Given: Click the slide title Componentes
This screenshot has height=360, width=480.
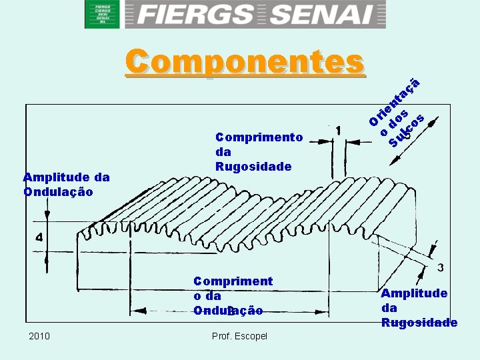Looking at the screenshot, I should pos(245,61).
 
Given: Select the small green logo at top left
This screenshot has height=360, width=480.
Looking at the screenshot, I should pos(102,14).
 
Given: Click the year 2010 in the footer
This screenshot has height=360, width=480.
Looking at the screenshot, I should pos(39,335).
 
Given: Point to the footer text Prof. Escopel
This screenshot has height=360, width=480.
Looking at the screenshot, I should pos(239,335).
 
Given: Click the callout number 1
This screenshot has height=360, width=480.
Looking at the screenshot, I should pos(340,131).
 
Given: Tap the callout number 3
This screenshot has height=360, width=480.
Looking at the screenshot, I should pos(440,267).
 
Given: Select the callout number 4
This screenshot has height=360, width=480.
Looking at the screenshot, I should pos(39,237).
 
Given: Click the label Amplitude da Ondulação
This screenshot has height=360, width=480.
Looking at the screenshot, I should pos(66,185).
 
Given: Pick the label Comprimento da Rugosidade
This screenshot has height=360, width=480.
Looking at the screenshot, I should pos(259,152).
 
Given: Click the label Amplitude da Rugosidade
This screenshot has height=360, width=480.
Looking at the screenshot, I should pos(419,308).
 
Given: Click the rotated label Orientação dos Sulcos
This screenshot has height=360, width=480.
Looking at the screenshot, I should pos(397,113).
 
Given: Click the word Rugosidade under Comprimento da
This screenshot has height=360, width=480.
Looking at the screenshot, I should pos(253,167).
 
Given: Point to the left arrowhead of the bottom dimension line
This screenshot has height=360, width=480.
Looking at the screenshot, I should pos(137,311).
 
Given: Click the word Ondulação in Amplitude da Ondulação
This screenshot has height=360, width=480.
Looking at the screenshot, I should pos(58,192).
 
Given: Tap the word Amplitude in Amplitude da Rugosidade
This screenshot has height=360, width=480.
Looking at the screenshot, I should pos(414,293).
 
